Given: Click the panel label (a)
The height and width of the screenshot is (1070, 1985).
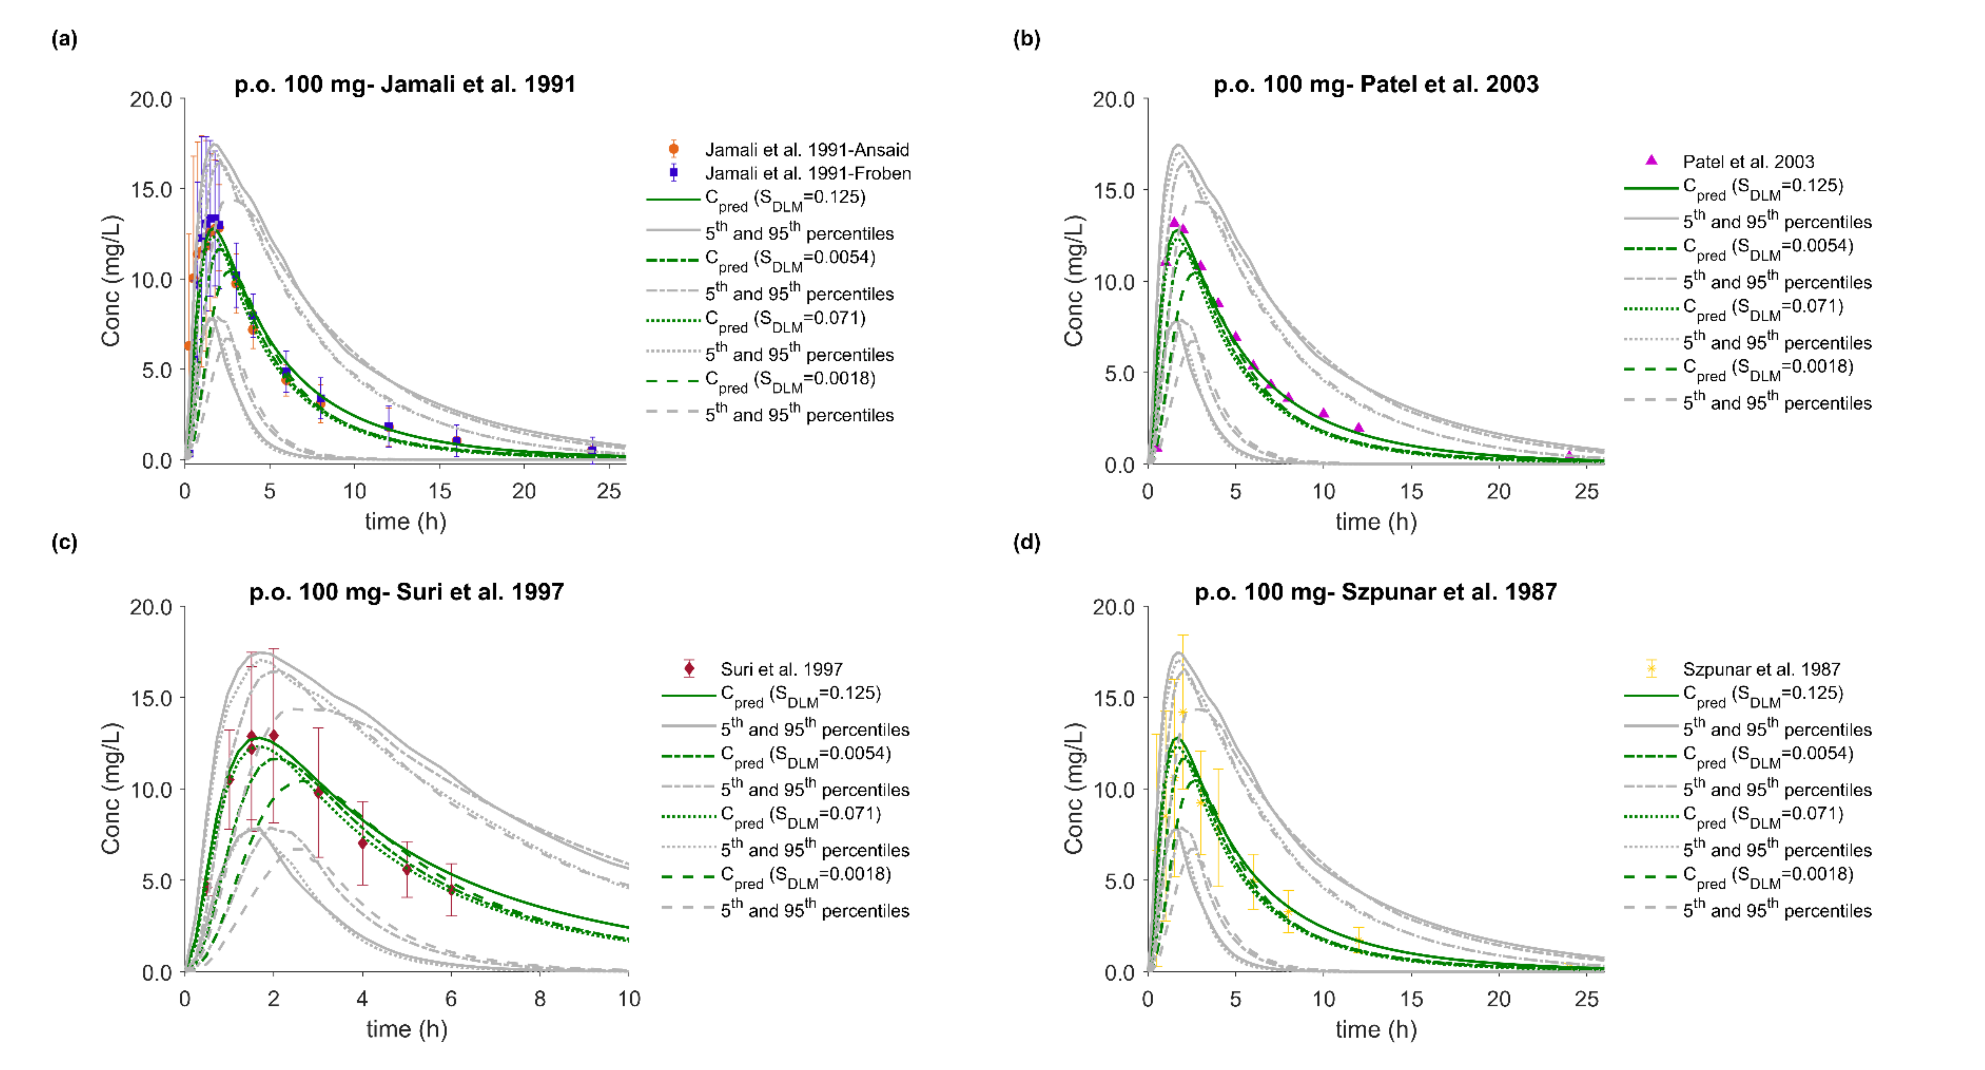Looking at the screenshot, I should tap(64, 39).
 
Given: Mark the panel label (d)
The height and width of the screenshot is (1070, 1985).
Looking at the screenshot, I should tap(1027, 543).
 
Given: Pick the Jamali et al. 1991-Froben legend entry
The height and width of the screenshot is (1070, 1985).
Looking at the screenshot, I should tap(807, 173).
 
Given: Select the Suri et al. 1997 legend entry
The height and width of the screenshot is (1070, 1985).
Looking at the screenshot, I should tap(781, 669).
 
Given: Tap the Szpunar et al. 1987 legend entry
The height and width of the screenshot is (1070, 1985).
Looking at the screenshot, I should tap(1761, 669).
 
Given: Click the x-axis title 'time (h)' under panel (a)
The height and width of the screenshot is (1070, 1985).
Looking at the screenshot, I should tap(405, 522).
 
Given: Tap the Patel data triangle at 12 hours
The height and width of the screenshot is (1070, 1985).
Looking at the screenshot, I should tap(1359, 427).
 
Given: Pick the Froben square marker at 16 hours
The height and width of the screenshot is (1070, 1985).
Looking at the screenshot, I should tap(456, 441).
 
